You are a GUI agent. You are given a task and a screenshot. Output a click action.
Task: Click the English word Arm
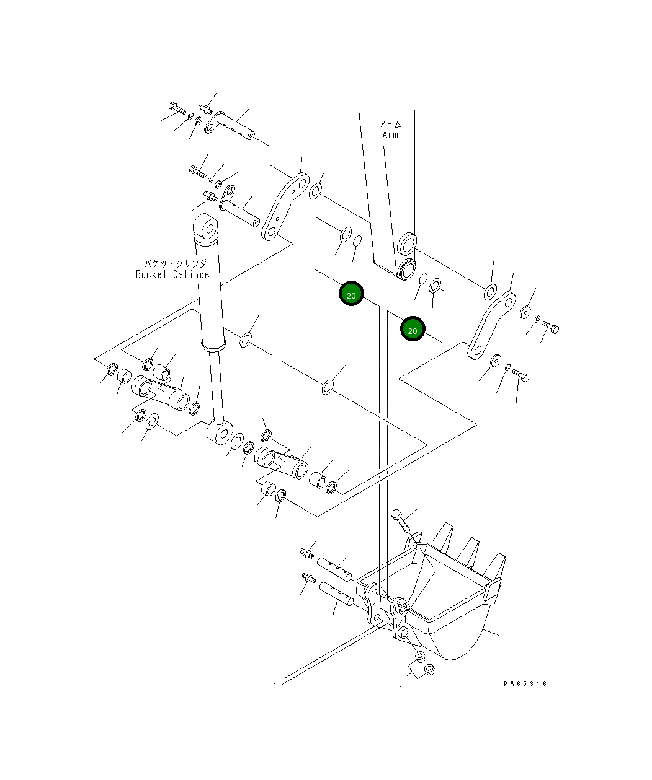(390, 134)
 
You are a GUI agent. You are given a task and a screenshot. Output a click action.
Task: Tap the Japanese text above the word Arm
(390, 124)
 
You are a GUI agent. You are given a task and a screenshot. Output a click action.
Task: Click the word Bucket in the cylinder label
(151, 274)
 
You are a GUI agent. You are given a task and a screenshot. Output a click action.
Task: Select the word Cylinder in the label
(194, 274)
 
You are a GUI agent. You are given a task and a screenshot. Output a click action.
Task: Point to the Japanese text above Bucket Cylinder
(176, 263)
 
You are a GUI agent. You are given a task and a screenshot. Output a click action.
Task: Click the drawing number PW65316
(525, 683)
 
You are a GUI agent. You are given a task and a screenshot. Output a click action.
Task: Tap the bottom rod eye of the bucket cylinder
(221, 432)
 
